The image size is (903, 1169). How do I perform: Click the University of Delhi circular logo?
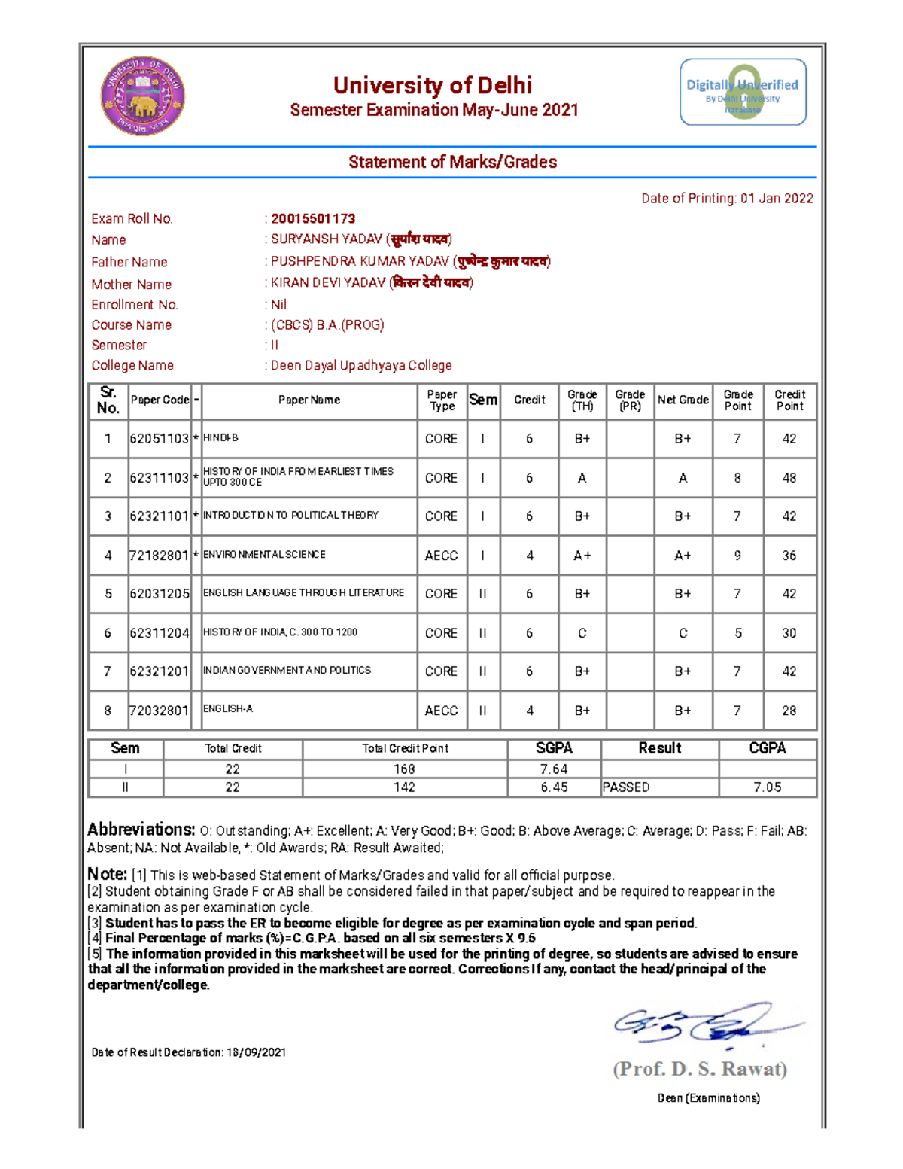click(x=143, y=96)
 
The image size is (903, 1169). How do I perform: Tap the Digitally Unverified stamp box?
click(x=743, y=92)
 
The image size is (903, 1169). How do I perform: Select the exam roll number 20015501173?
click(x=313, y=218)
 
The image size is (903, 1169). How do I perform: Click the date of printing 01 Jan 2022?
click(x=776, y=199)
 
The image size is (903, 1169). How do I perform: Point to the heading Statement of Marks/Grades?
click(x=452, y=162)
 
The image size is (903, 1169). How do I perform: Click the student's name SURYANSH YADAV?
click(x=327, y=239)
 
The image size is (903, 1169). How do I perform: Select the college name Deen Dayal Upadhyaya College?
click(x=361, y=365)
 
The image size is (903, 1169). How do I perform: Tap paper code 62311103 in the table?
click(x=159, y=478)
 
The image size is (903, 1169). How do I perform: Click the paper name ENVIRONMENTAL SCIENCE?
click(x=264, y=555)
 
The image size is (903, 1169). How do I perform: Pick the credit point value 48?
click(x=789, y=478)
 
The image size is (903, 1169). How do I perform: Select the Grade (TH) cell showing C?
click(x=582, y=633)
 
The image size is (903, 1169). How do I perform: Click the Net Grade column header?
click(x=683, y=400)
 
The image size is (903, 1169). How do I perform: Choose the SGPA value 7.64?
click(x=554, y=769)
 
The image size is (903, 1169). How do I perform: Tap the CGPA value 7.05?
click(x=768, y=787)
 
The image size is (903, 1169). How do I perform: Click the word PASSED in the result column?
click(x=626, y=787)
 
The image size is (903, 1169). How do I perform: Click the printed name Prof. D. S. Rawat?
click(x=700, y=1069)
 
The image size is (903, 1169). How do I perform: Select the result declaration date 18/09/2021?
click(x=256, y=1052)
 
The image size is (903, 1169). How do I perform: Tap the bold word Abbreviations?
click(x=141, y=830)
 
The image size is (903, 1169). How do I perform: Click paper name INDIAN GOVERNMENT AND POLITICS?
click(x=287, y=670)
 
